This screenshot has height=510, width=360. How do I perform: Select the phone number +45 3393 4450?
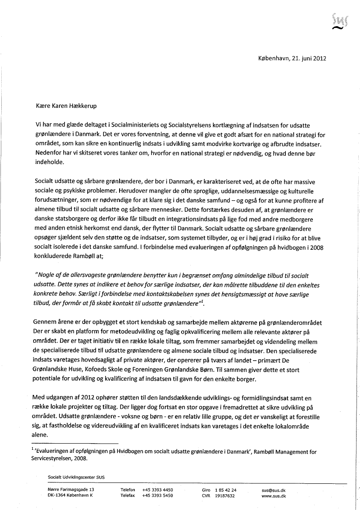[x=158, y=490]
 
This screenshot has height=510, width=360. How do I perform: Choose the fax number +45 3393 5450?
[x=158, y=496]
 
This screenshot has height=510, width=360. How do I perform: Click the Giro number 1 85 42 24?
[x=226, y=490]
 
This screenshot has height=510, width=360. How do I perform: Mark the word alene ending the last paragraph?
[x=41, y=435]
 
